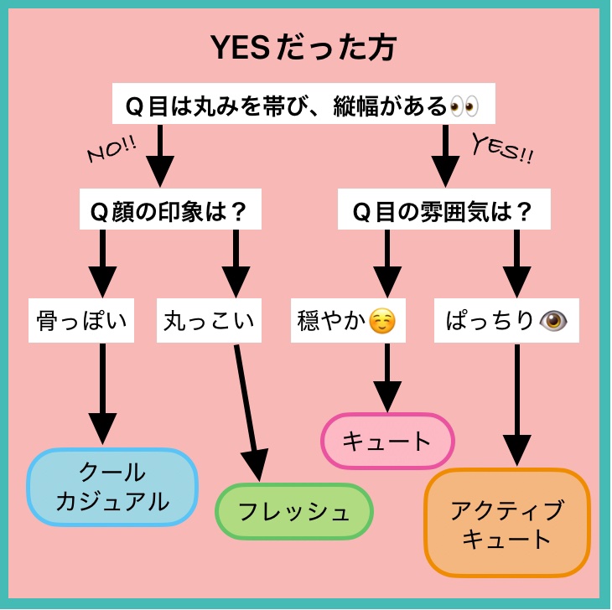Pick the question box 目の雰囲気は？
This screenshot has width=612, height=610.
(443, 210)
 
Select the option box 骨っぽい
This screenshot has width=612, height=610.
(82, 320)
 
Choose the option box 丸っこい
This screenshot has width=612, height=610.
(206, 320)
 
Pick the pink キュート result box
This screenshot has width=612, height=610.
(387, 440)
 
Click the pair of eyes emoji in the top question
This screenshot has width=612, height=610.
(464, 106)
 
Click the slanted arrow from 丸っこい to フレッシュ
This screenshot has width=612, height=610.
(247, 411)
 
